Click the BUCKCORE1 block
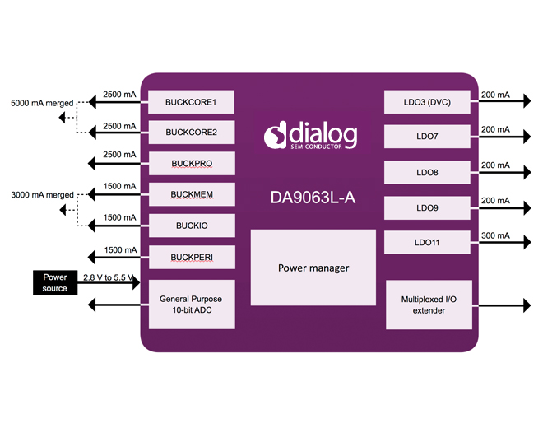[190, 102]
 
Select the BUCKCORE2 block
[190, 132]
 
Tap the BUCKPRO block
[190, 163]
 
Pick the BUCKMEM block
[190, 195]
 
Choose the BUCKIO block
[190, 224]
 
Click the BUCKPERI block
[190, 258]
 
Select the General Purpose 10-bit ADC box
[190, 304]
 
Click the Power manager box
[313, 267]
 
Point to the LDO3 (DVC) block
[427, 102]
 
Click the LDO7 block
[427, 136]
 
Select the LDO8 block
[427, 173]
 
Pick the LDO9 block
[427, 208]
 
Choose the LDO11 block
[427, 243]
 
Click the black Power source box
[55, 282]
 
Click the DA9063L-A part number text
[312, 198]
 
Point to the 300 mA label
[495, 236]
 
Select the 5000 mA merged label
[41, 104]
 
